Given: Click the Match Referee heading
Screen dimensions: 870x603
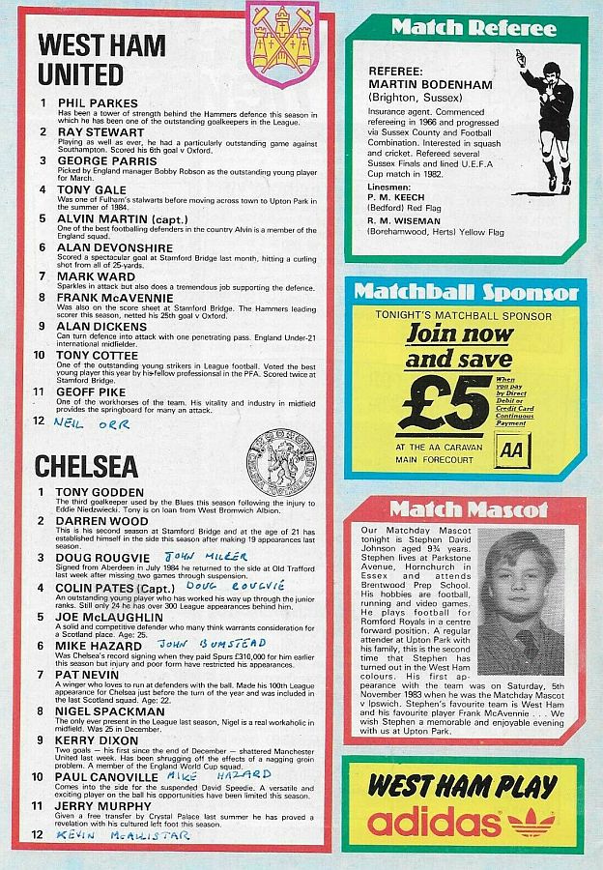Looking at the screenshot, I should tap(474, 27).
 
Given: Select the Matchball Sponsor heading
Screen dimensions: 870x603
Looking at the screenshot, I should tap(466, 292).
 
